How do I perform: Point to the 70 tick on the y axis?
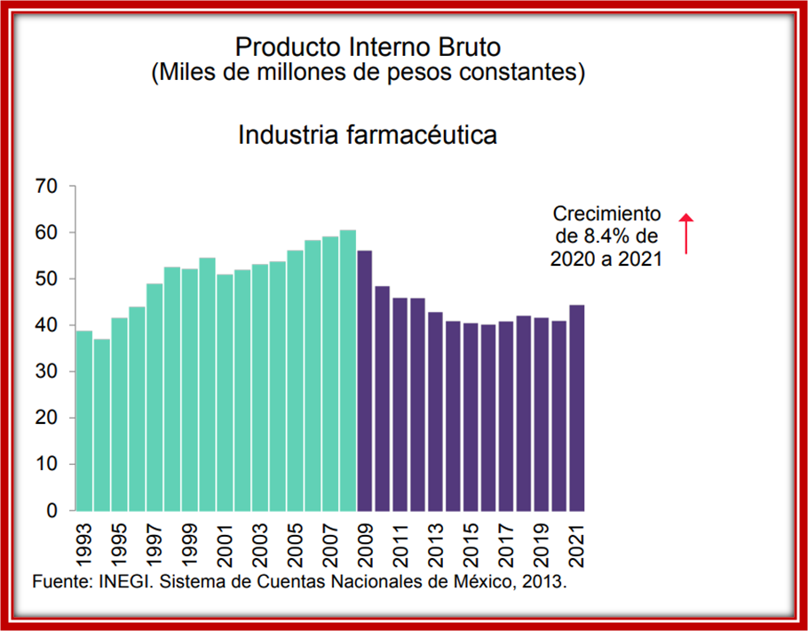46,187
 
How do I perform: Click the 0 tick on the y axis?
52,511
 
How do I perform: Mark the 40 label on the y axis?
46,325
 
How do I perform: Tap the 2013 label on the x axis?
436,545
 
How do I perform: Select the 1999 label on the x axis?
190,545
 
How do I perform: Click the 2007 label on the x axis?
330,545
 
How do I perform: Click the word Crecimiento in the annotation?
607,214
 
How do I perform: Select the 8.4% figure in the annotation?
603,237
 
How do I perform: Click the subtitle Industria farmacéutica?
367,135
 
